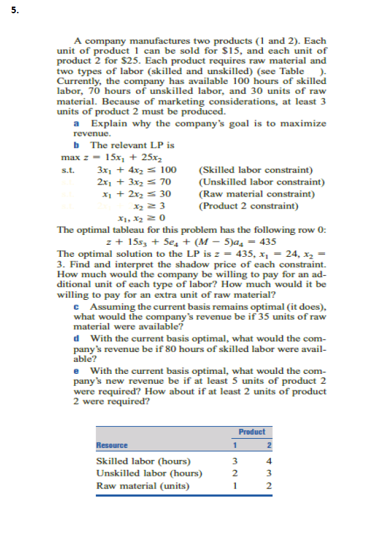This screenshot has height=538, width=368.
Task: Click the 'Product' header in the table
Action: (251, 431)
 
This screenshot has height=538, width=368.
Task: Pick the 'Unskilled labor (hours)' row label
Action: (149, 473)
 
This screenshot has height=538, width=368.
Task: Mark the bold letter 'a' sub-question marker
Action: (77, 124)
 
